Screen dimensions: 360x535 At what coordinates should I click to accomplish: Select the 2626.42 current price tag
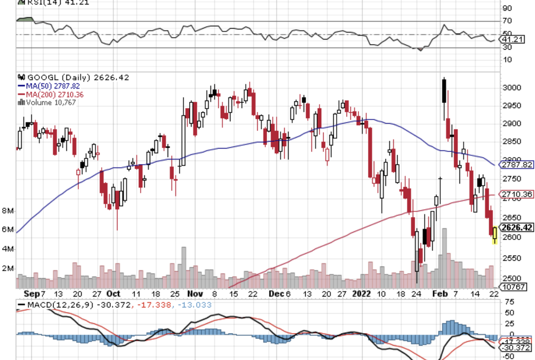(x=517, y=227)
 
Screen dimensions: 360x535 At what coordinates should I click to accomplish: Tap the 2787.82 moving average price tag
(x=517, y=165)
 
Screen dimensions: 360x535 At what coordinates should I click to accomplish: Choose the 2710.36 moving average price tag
(x=517, y=194)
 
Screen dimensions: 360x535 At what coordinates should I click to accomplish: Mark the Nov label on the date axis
(x=195, y=294)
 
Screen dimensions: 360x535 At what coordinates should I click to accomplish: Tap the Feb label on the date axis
(x=438, y=294)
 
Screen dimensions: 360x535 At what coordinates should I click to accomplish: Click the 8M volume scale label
(x=7, y=210)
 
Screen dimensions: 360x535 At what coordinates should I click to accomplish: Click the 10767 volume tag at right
(x=512, y=286)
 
